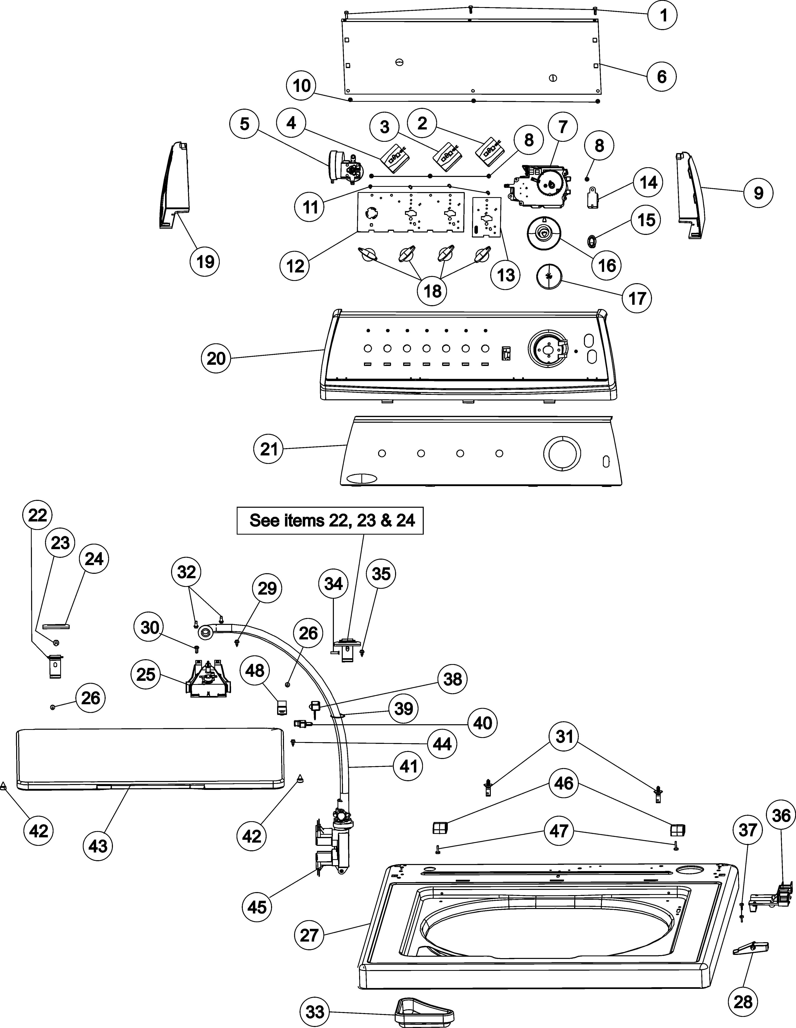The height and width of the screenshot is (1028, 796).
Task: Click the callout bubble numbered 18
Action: (432, 291)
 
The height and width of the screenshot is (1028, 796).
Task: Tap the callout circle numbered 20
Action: (216, 359)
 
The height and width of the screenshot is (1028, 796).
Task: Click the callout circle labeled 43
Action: (98, 846)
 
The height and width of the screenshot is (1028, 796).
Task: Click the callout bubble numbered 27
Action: (309, 935)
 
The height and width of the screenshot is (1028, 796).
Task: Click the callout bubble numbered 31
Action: (564, 736)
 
